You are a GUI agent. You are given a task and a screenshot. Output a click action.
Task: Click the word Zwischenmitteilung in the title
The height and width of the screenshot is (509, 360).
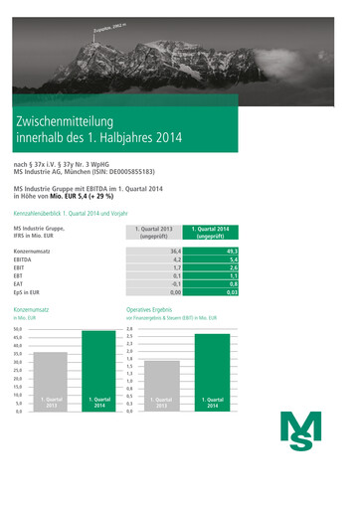click(76, 121)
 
